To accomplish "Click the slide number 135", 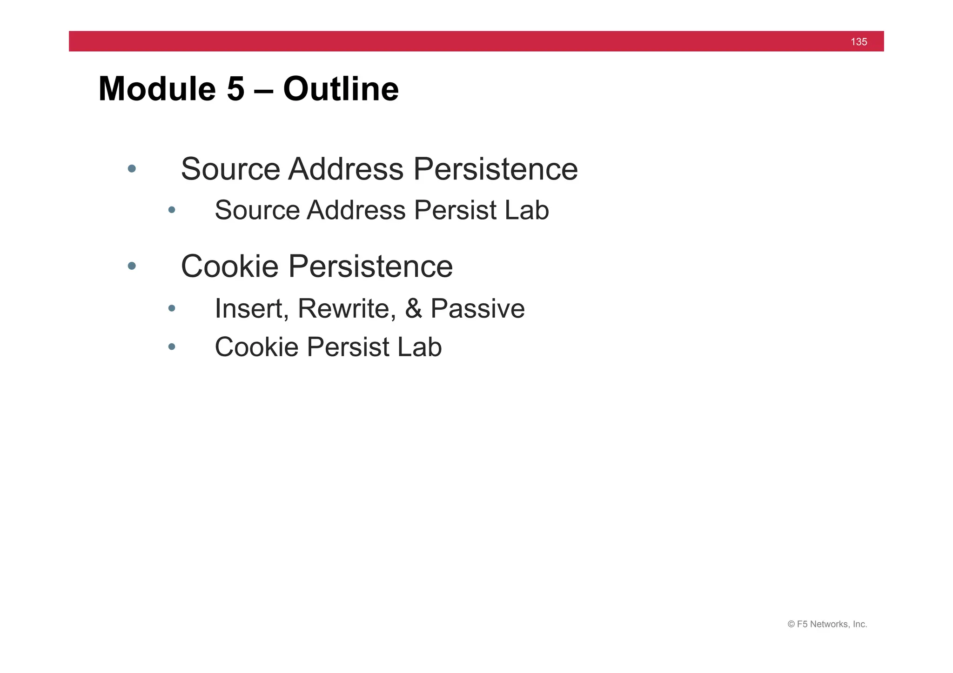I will pyautogui.click(x=859, y=42).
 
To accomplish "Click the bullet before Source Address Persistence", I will pyautogui.click(x=132, y=168).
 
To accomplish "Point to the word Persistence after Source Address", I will pyautogui.click(x=495, y=169).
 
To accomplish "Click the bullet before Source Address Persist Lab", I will pyautogui.click(x=172, y=210).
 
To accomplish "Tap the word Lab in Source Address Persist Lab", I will pyautogui.click(x=526, y=210).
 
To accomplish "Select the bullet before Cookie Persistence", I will pyautogui.click(x=132, y=266).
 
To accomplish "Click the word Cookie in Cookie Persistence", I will pyautogui.click(x=229, y=267).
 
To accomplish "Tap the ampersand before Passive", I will pyautogui.click(x=414, y=308).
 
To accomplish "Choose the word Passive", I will pyautogui.click(x=477, y=308).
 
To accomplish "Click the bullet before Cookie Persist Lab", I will pyautogui.click(x=172, y=346).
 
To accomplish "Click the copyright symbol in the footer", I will pyautogui.click(x=791, y=625).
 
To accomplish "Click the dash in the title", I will pyautogui.click(x=263, y=89).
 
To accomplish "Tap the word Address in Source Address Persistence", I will pyautogui.click(x=346, y=169).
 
